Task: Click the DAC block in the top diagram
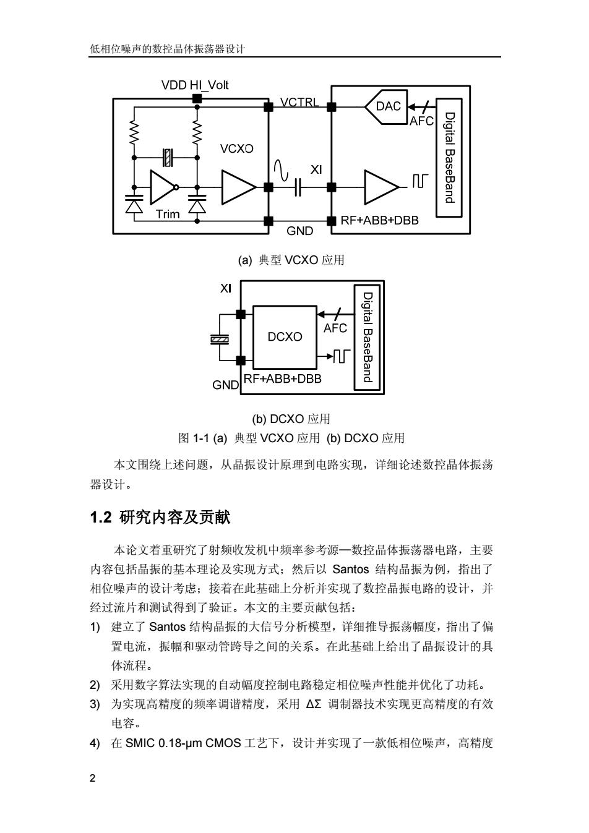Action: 387,107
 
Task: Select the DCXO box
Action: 285,337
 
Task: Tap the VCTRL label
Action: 299,102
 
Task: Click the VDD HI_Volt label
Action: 195,85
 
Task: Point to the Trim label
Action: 168,214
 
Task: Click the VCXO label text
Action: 236,149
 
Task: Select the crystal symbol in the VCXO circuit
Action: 168,158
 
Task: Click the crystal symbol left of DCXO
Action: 220,339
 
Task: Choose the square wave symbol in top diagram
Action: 420,181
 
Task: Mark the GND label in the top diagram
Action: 299,231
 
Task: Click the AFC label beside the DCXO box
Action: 335,328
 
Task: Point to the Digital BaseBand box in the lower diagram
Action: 368,337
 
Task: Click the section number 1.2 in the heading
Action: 101,518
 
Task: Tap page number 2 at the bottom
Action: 93,778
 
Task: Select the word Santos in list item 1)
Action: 168,626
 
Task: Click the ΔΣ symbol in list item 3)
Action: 313,704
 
